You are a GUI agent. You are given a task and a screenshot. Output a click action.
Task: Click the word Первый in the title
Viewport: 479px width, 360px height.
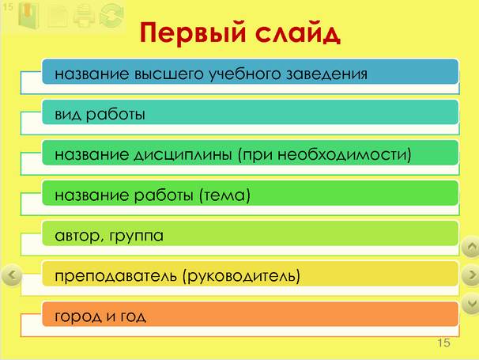(x=193, y=32)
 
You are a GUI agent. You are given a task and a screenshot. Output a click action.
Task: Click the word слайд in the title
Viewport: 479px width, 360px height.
(x=297, y=32)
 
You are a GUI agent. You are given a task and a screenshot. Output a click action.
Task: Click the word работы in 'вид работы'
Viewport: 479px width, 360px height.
(x=115, y=115)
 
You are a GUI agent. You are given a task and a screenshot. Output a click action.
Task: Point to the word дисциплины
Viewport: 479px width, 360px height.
(x=183, y=155)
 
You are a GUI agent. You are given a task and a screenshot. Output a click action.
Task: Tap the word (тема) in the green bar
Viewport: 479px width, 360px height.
(x=224, y=195)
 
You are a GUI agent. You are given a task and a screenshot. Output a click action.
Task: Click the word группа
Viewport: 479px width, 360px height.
(x=136, y=237)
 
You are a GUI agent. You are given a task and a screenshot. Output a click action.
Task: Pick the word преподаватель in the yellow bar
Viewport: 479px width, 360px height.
(x=115, y=276)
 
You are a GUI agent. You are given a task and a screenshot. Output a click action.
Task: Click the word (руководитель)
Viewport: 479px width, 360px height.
(x=241, y=276)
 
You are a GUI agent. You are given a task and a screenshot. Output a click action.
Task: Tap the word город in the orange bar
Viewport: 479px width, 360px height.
(x=78, y=316)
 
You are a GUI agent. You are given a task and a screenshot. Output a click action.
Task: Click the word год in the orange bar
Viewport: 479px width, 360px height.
(x=133, y=316)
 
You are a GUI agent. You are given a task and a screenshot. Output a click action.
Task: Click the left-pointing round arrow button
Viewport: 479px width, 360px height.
(x=12, y=275)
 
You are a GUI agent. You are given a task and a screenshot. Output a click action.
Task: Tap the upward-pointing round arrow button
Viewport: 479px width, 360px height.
(x=470, y=246)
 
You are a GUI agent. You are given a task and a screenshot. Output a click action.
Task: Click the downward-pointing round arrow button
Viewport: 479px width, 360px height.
(x=470, y=303)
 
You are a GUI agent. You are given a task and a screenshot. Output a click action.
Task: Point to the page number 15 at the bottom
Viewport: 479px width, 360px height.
(x=443, y=343)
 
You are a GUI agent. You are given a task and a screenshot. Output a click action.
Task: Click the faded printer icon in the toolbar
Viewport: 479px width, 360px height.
(x=84, y=15)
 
